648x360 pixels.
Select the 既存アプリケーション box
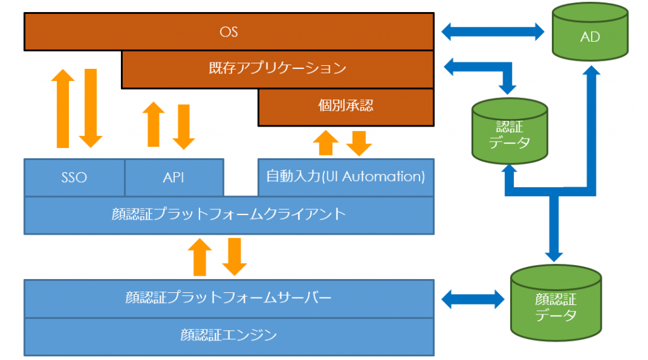click(x=277, y=68)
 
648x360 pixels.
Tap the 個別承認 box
click(x=346, y=106)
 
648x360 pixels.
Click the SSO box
click(x=74, y=177)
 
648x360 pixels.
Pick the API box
click(x=173, y=177)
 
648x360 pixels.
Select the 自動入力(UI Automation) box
click(x=346, y=177)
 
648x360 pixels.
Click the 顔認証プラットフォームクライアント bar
click(x=228, y=214)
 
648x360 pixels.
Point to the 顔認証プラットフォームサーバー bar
click(x=228, y=297)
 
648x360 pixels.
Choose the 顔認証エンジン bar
click(x=228, y=335)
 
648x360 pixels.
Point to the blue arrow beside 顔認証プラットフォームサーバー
click(x=473, y=299)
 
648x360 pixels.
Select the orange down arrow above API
click(x=184, y=127)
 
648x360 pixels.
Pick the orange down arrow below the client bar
click(x=234, y=256)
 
